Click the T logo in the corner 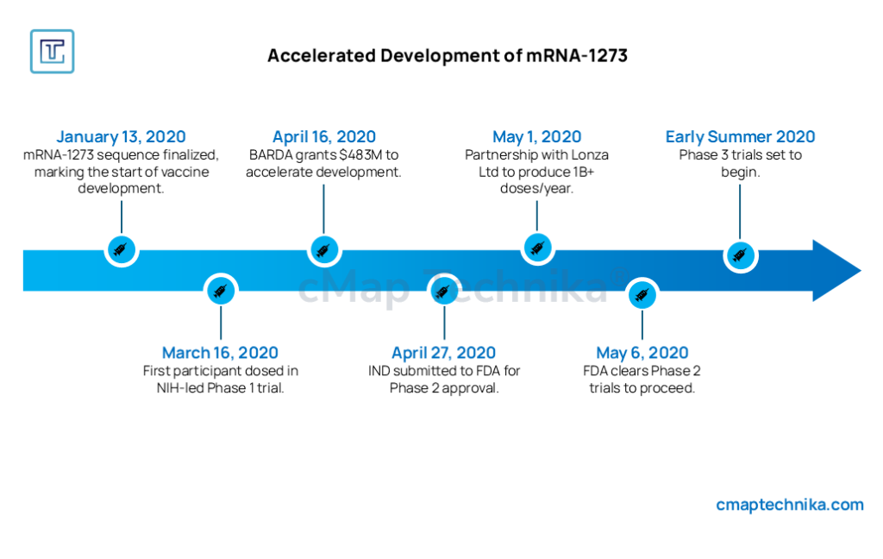53,51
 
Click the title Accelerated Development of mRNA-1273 448,56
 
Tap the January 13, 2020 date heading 121,136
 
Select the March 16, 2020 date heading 220,353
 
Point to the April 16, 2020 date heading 324,136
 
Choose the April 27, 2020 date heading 444,353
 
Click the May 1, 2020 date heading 536,136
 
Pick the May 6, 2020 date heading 642,353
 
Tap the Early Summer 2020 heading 740,136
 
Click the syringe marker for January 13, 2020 121,249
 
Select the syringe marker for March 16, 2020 221,291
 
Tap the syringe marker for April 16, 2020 324,249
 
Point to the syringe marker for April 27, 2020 444,291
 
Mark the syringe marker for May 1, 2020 537,248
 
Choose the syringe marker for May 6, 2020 642,294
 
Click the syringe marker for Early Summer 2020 740,256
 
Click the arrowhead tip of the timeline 861,271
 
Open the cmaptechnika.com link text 790,505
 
